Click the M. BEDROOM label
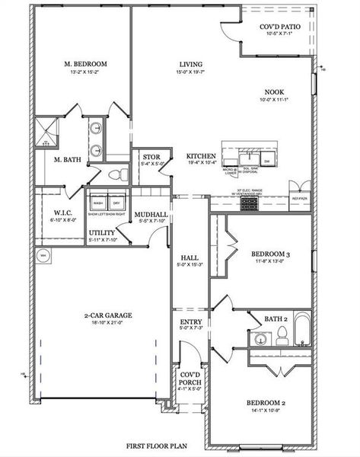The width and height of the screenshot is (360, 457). coord(85,63)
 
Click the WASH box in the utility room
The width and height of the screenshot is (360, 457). coord(98,203)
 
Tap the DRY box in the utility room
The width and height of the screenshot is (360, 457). coord(116,203)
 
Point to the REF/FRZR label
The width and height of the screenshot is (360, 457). coord(300,198)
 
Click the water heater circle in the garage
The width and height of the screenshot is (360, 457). coord(43,255)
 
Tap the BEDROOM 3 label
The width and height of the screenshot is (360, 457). coord(266,254)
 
